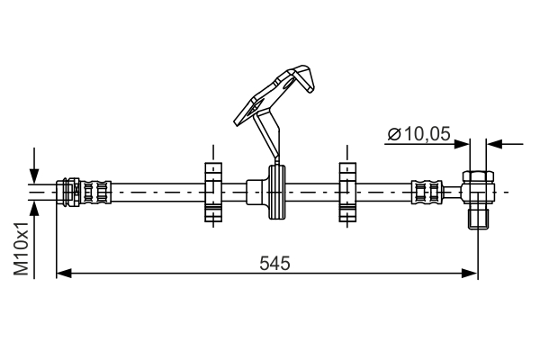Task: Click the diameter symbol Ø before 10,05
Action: pos(394,134)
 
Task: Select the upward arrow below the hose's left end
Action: pos(34,209)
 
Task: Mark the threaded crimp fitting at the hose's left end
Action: pos(85,192)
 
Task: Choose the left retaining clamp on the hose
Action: pos(212,192)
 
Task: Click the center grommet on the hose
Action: pos(275,192)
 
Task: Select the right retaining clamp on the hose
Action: pos(347,192)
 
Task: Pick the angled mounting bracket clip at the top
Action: pos(274,90)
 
